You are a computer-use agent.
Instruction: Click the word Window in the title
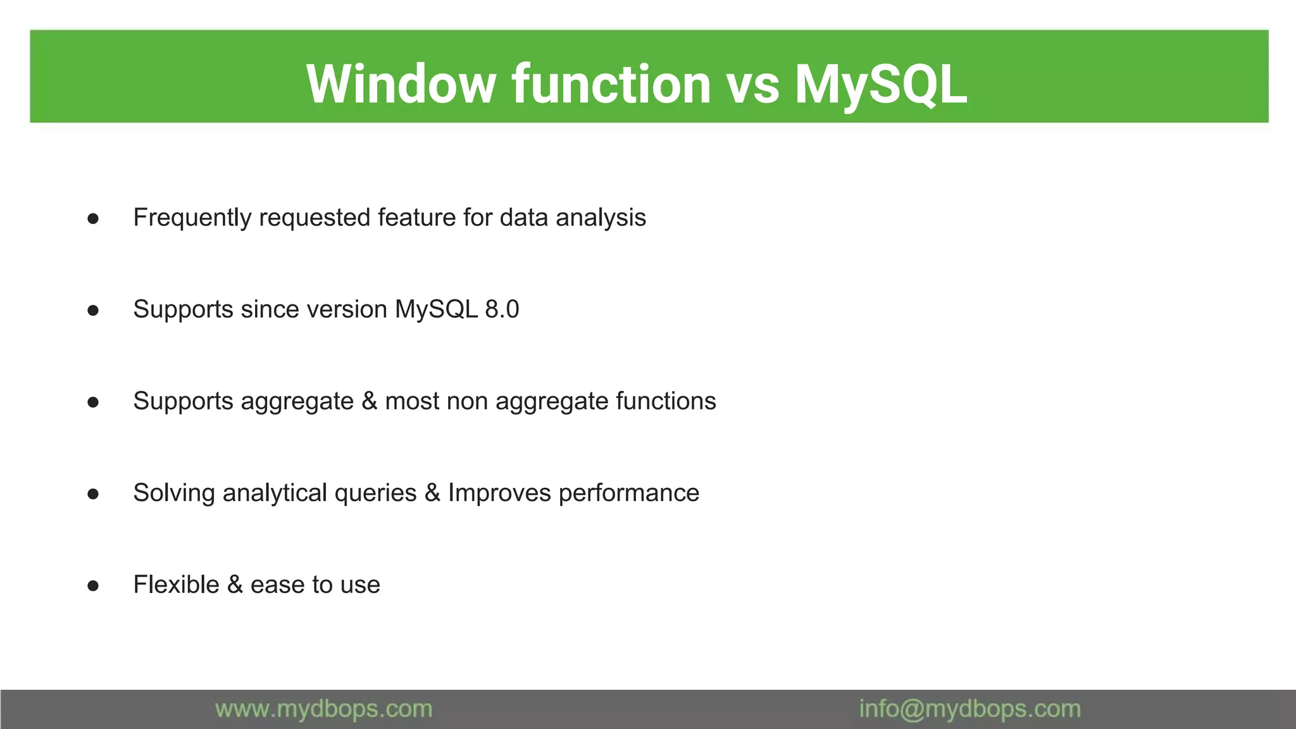401,84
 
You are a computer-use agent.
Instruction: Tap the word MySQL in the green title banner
880,84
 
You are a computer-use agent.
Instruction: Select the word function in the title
611,84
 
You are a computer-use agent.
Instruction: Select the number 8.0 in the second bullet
502,309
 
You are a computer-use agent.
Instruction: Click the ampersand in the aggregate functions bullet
369,401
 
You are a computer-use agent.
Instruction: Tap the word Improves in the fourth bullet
499,493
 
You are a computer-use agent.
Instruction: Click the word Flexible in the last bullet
176,585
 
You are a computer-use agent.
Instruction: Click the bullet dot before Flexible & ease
93,586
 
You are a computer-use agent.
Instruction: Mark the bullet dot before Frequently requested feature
93,219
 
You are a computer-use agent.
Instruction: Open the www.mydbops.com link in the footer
323,709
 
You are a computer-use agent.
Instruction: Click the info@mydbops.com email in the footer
969,709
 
